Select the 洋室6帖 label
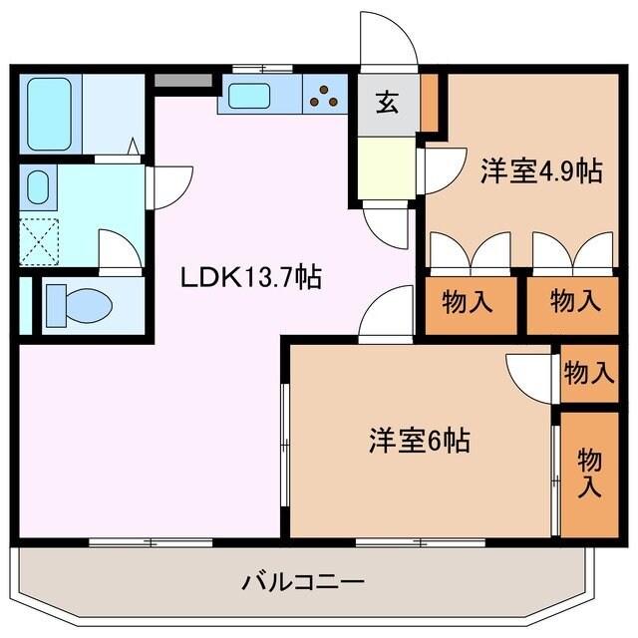[x=421, y=439]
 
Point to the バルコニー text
[x=302, y=580]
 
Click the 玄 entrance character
[x=386, y=102]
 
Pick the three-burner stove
[x=324, y=96]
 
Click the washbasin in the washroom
[x=38, y=186]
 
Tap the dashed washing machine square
[x=39, y=239]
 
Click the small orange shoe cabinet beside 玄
[x=429, y=102]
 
